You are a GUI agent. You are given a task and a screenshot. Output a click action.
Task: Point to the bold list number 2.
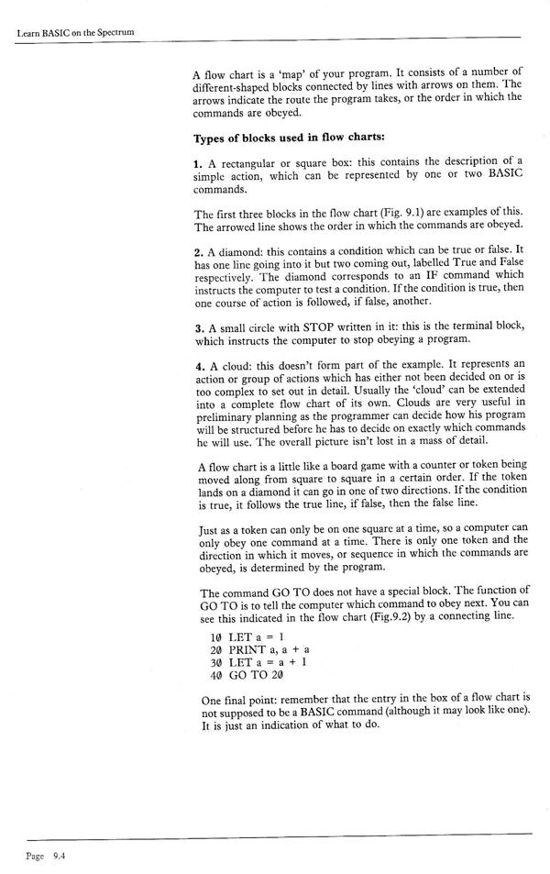point(197,249)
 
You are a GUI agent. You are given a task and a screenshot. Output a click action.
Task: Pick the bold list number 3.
point(197,336)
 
